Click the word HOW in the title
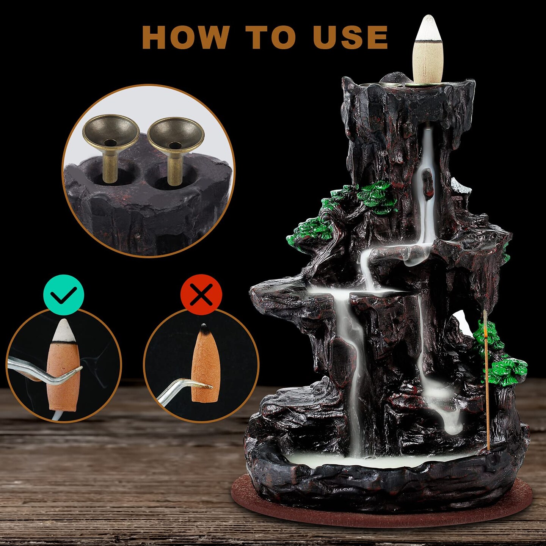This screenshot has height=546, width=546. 186,37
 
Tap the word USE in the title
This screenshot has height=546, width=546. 350,37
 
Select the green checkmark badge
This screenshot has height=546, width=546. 63,295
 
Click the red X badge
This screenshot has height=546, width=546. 201,295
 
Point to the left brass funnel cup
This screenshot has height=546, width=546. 110,133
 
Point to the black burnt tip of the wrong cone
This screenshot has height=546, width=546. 204,326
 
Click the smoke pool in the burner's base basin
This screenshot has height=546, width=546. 379,461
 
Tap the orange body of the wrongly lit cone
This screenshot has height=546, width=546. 205,364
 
